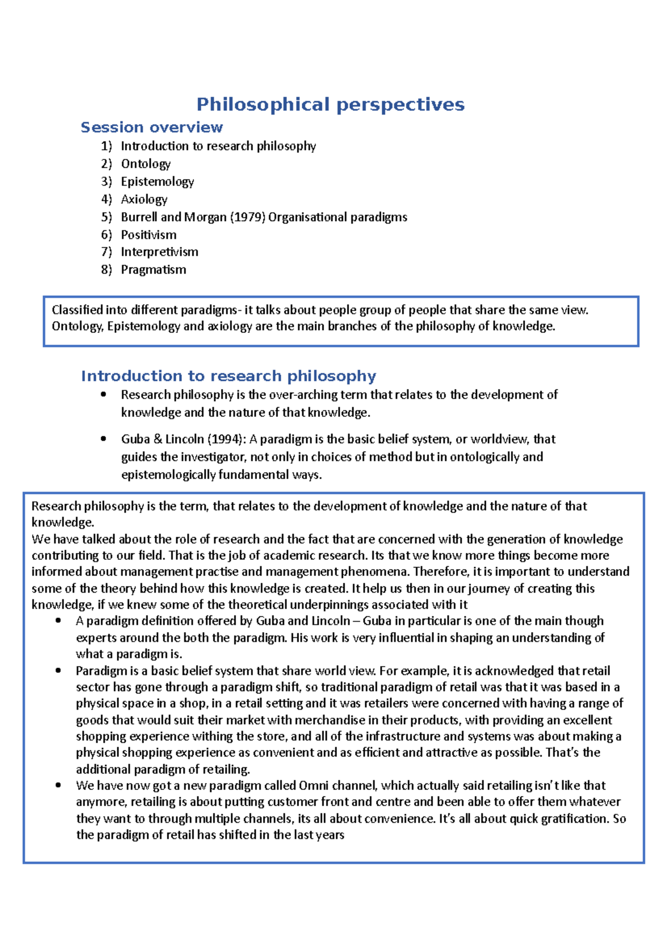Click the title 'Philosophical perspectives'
[330, 105]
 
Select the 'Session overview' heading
[152, 127]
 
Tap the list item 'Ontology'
[146, 164]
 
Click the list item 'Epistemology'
[157, 182]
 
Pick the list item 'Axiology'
[144, 200]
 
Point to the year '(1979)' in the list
[247, 217]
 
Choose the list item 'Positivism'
[148, 235]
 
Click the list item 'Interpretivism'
[160, 252]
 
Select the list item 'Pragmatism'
[153, 270]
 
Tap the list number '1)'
[106, 146]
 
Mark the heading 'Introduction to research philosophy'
[228, 376]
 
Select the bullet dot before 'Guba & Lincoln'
[103, 439]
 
